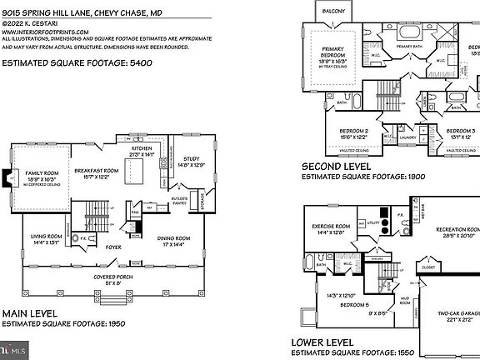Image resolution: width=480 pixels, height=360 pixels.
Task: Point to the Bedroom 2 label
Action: (354, 132)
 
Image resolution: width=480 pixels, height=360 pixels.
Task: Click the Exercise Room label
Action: (330, 226)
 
